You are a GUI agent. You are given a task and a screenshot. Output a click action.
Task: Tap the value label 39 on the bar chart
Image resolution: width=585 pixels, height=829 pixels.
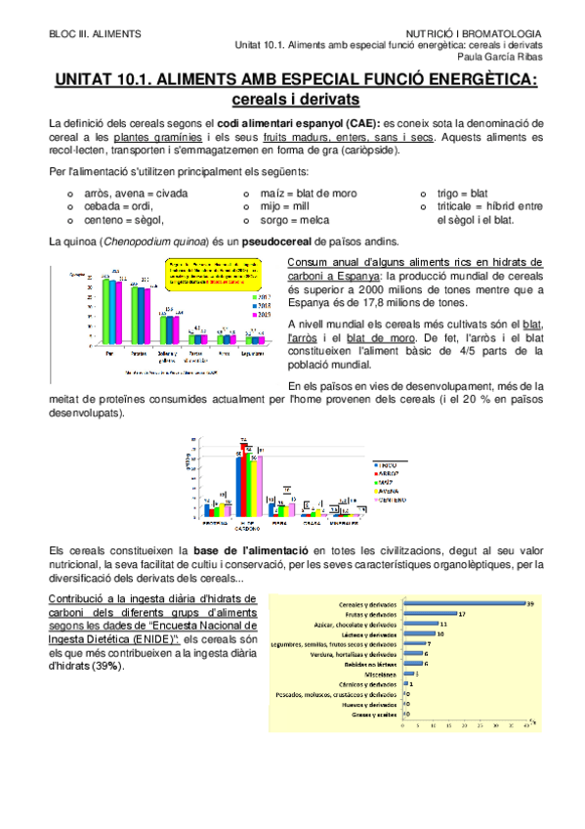[530, 602]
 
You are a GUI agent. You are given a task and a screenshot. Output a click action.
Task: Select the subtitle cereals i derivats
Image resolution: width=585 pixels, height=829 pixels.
[292, 99]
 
